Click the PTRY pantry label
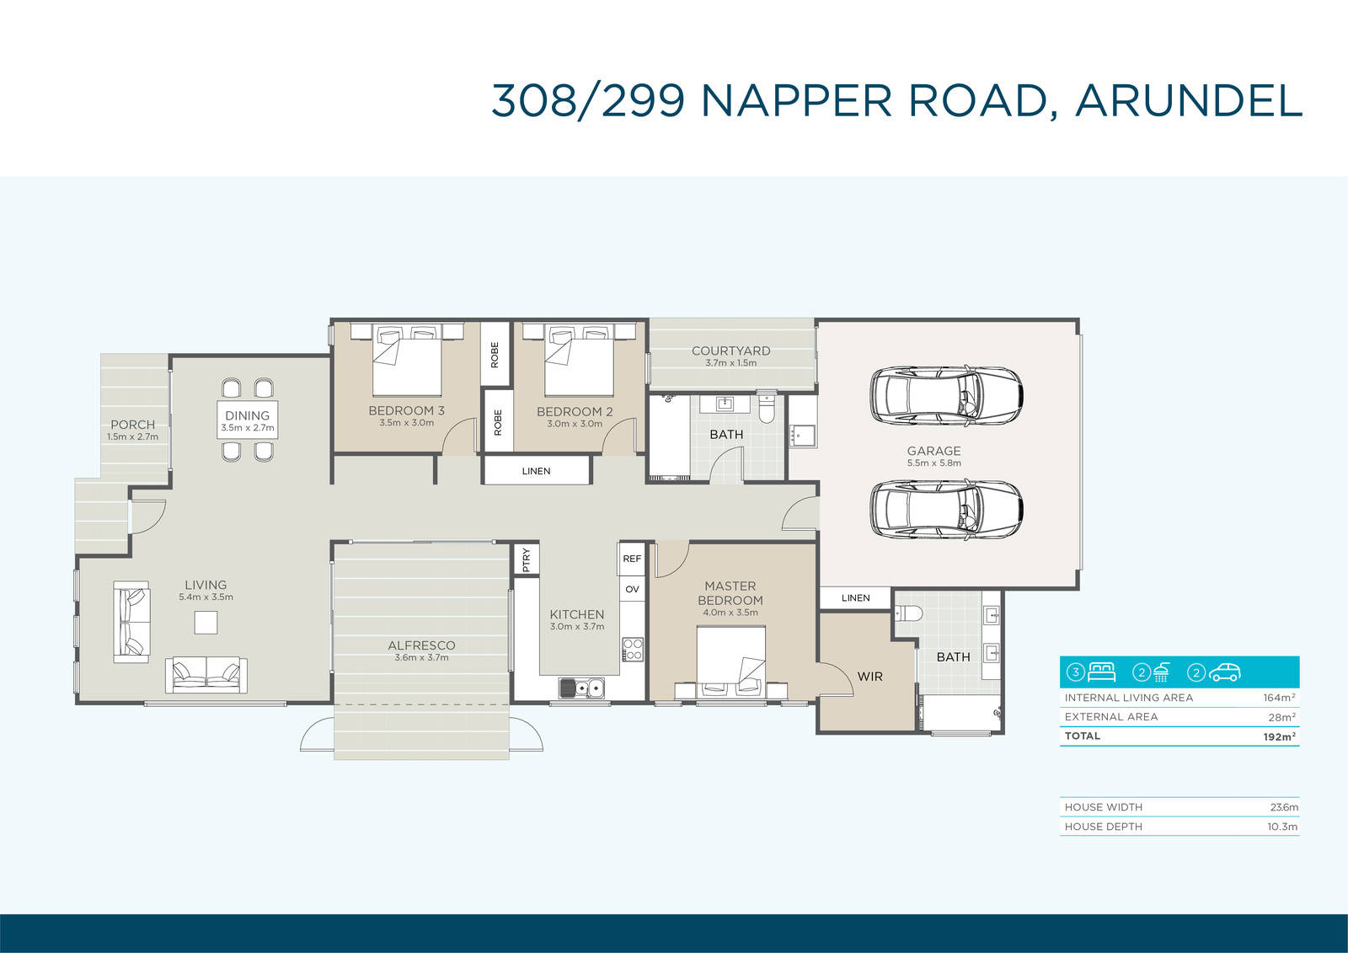coord(527,559)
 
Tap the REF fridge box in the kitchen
coord(632,559)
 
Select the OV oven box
coord(632,589)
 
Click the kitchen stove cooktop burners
coord(633,649)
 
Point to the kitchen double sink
coord(581,687)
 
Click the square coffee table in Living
coord(206,622)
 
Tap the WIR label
coord(869,676)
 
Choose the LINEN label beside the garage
coord(856,597)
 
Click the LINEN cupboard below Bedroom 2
coord(536,470)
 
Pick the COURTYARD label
coord(730,351)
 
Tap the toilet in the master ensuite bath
coord(909,613)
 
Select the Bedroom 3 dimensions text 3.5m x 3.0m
coord(406,423)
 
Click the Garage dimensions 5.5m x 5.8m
coord(934,463)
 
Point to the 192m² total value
coord(1280,736)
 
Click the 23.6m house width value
coord(1283,807)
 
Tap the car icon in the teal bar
coord(1226,672)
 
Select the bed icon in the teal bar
coord(1101,672)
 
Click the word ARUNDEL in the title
coord(1189,100)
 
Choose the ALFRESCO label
coord(421,645)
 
